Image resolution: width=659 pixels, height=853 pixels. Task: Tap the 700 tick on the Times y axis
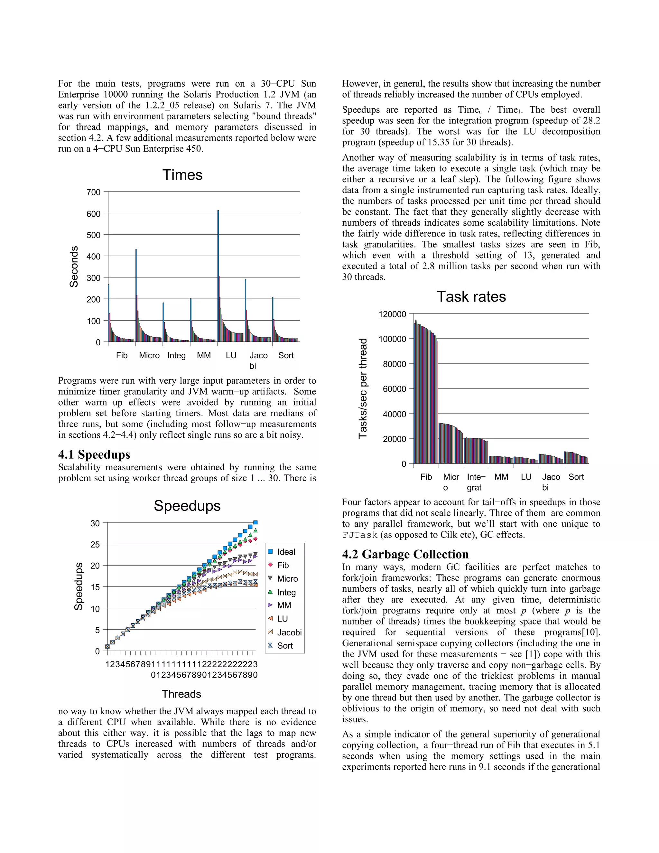[x=94, y=192]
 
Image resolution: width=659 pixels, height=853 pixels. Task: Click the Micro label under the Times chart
[x=149, y=355]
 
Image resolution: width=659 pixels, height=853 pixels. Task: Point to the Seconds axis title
[x=74, y=267]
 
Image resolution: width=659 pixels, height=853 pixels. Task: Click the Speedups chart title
[x=187, y=505]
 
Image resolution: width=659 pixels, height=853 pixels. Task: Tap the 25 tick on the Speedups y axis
[x=95, y=544]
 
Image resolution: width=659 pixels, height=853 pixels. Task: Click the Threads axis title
[x=181, y=694]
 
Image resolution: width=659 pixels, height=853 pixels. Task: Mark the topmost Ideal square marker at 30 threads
[x=255, y=522]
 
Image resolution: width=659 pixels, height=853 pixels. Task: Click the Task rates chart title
[x=471, y=296]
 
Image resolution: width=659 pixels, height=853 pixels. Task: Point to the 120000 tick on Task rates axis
[x=392, y=314]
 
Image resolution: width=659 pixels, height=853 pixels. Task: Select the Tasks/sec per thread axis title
[x=363, y=388]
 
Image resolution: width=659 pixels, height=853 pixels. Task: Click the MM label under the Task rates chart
[x=501, y=477]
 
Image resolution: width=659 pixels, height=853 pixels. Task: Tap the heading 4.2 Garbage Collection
[x=405, y=554]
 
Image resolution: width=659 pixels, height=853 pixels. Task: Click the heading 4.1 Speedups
[x=94, y=455]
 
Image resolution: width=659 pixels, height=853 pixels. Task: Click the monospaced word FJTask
[x=359, y=535]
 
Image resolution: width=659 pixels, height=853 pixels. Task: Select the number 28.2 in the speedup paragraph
[x=591, y=121]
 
